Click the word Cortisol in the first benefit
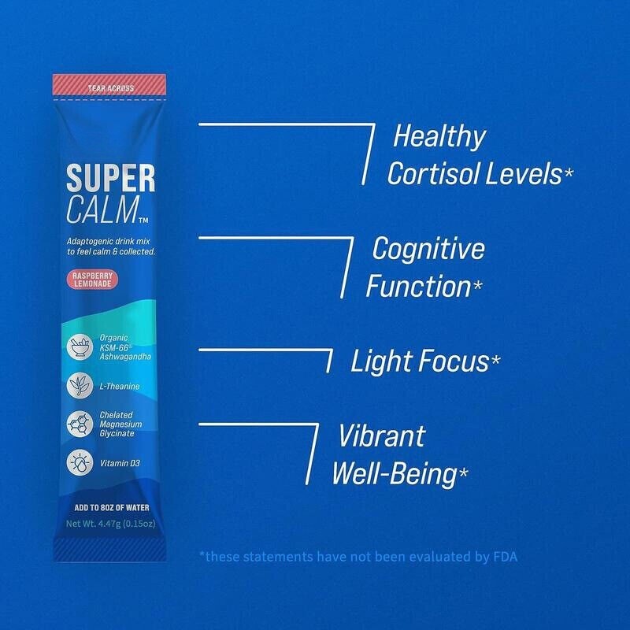coord(433,174)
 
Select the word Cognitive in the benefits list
coord(428,250)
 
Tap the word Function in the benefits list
coord(417,287)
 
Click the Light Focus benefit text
coord(420,362)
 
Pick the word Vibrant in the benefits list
coord(382,436)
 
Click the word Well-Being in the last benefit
coord(395,474)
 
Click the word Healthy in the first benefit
coord(439,137)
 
